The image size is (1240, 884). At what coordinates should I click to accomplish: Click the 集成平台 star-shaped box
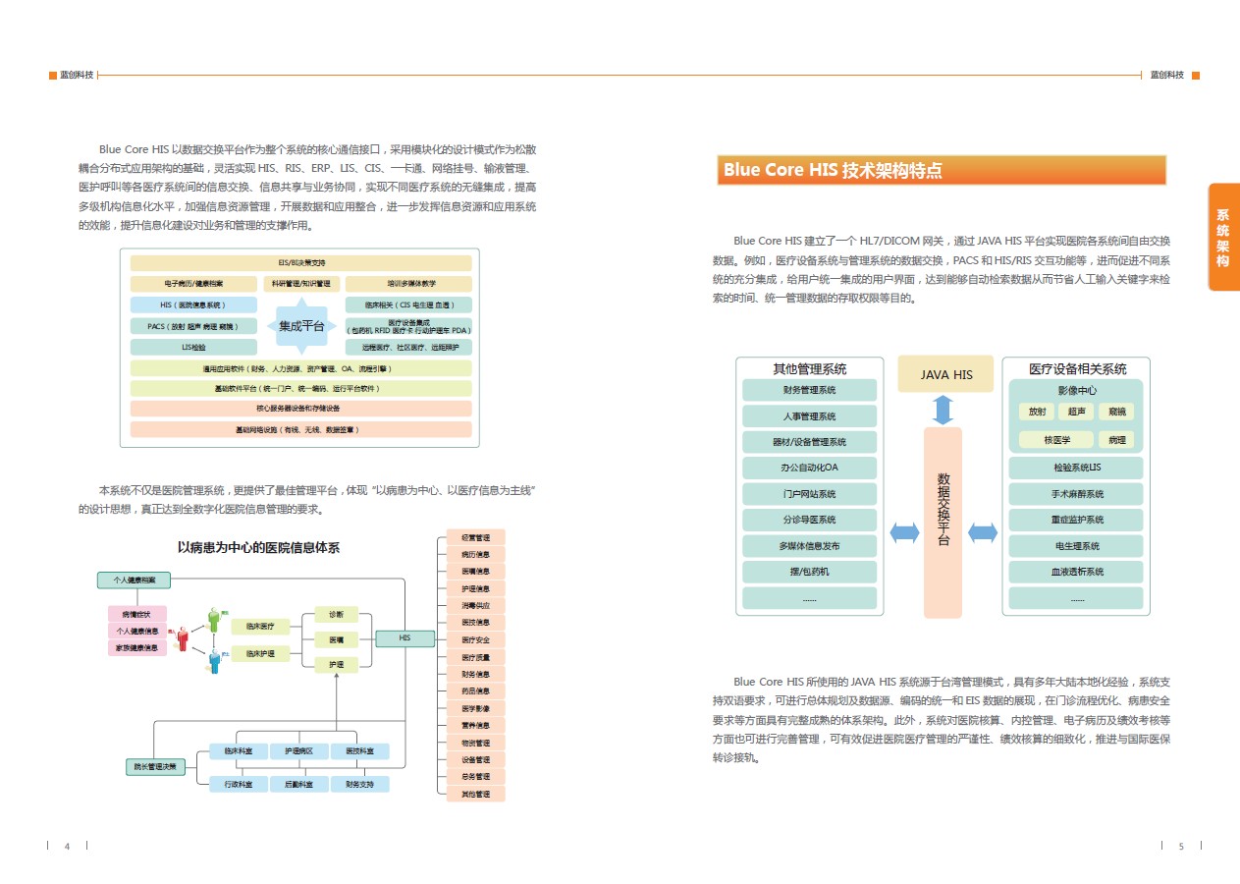tap(301, 326)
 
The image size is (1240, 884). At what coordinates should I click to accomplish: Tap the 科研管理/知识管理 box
tap(301, 284)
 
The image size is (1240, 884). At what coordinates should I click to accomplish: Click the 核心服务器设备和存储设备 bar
tap(300, 409)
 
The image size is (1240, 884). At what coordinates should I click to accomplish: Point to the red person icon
tap(182, 638)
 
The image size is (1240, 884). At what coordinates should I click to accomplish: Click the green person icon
tap(213, 620)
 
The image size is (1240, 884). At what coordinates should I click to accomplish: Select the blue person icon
tap(214, 661)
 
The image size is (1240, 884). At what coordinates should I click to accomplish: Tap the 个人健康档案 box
tap(134, 580)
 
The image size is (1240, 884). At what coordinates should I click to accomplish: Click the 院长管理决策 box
tap(155, 766)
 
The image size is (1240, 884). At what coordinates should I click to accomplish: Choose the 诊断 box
tap(336, 615)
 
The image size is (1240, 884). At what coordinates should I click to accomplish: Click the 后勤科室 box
tap(298, 784)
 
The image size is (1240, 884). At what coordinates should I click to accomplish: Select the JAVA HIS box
tap(945, 374)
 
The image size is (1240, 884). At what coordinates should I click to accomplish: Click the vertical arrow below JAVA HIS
tap(943, 410)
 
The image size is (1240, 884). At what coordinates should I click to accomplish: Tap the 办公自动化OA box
tap(809, 469)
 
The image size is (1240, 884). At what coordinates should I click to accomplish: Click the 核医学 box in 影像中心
tap(1056, 440)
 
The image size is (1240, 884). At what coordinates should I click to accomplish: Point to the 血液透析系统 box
tap(1076, 572)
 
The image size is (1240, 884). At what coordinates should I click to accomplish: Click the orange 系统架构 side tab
tap(1222, 237)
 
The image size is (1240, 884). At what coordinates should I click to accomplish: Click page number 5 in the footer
tap(1181, 846)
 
